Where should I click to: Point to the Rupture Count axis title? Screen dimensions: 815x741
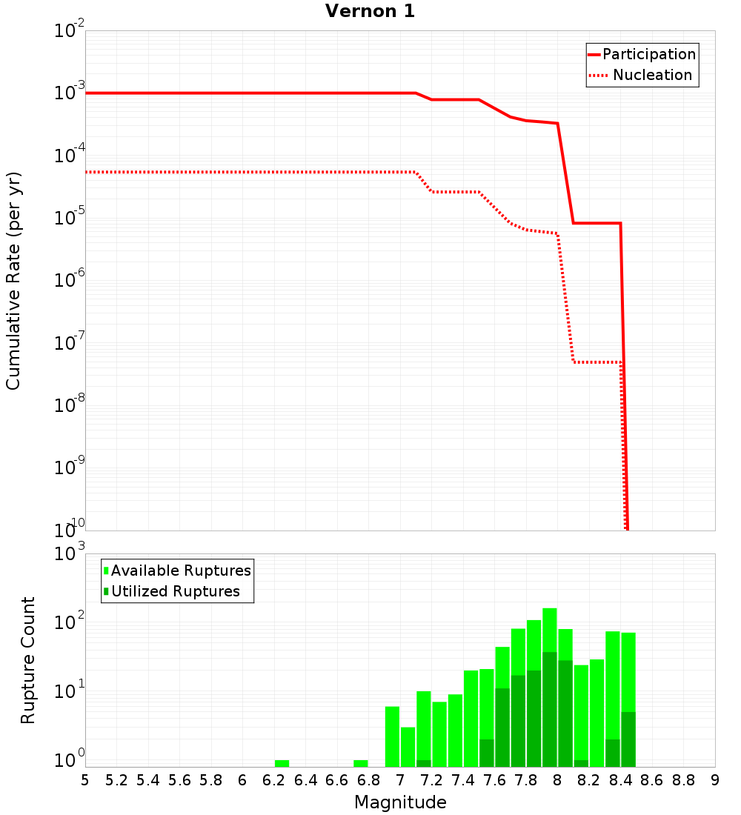tap(28, 660)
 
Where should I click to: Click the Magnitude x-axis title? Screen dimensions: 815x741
tap(400, 802)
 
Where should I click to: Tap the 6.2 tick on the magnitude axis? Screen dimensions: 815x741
tap(273, 780)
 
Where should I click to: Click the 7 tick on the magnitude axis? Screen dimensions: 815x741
tap(400, 780)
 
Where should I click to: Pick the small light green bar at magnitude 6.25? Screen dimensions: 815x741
tap(282, 763)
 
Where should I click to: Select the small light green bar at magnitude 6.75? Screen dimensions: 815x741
tap(361, 763)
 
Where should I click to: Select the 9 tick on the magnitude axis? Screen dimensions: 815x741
tap(715, 780)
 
